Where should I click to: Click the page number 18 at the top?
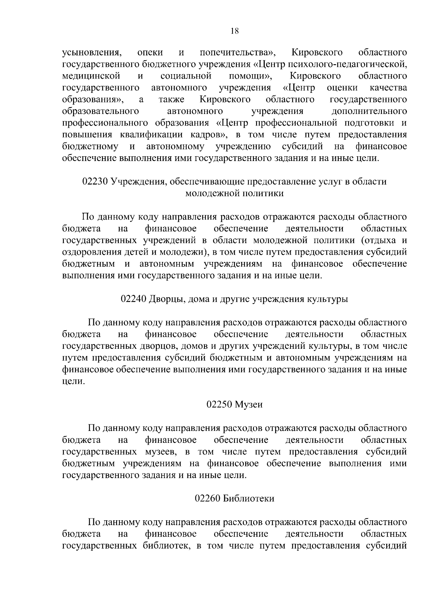234,31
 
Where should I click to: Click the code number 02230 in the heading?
95,182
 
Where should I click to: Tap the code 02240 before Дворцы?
133,299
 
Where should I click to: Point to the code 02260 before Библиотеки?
208,499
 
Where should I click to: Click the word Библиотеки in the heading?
249,499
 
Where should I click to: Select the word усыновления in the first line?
92,53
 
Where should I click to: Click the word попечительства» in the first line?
238,53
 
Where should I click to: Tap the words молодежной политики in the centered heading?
234,194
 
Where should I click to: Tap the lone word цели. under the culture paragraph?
73,382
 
